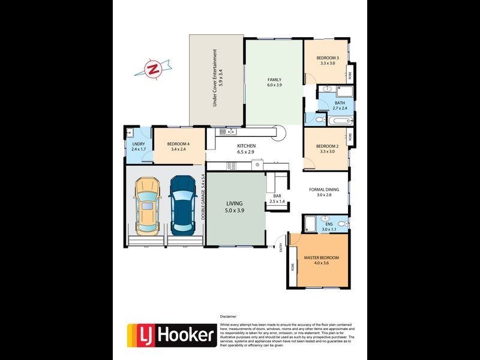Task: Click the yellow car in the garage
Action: click(x=147, y=206)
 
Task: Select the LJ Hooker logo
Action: click(x=172, y=335)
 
